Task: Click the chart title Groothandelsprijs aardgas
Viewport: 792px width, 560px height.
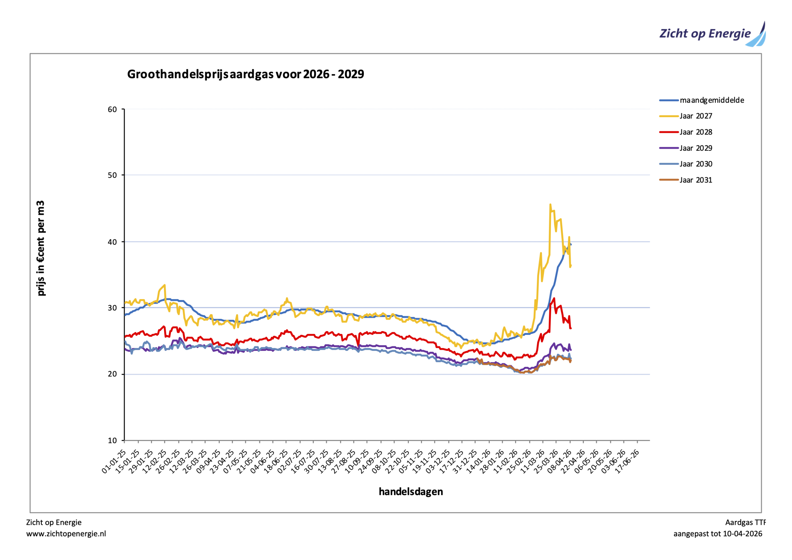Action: pos(245,74)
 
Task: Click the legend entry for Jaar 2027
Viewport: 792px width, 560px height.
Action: pos(696,116)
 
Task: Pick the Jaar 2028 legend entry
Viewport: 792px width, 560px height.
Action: pos(696,132)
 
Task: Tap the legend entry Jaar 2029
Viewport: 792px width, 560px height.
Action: pos(696,148)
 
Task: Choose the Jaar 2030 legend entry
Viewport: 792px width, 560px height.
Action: pos(696,164)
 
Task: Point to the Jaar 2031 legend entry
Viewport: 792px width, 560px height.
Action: pos(696,180)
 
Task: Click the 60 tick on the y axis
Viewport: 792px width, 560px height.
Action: pos(112,110)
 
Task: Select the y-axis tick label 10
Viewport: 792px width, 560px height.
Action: pos(112,441)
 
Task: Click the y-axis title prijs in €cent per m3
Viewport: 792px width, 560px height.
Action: pos(41,248)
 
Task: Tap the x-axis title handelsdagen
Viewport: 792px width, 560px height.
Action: pos(411,492)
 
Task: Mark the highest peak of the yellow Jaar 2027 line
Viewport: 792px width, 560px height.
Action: pos(550,205)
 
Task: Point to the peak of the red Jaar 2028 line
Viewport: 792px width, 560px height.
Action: pos(554,299)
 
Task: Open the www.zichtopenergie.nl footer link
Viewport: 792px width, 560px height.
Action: pos(66,534)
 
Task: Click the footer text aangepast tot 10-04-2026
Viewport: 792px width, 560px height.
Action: pos(717,534)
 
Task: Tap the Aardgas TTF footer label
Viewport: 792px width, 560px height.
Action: pos(745,522)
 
